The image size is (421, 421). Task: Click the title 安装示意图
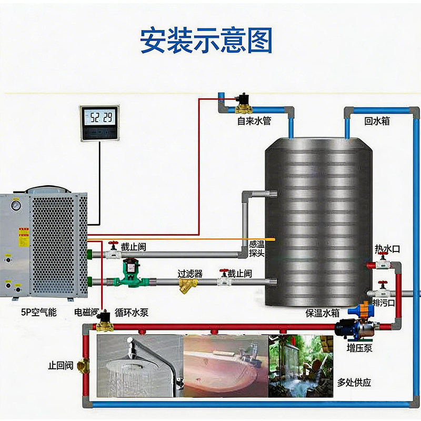point(206,40)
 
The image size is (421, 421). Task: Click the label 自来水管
point(254,121)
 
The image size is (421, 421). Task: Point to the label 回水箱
point(377,121)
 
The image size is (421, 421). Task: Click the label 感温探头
point(257,248)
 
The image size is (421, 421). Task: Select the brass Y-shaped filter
point(186,285)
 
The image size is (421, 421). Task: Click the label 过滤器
point(190,273)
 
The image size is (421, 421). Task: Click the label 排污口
point(382,303)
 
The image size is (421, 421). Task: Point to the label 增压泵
point(359,347)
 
